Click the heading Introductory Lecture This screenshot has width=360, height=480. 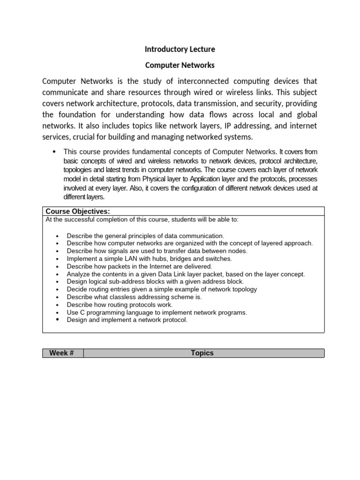point(180,49)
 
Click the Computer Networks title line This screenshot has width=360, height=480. point(180,65)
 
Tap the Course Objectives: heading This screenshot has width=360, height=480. point(78,211)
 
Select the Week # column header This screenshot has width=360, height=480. point(61,353)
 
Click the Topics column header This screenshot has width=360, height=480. point(202,353)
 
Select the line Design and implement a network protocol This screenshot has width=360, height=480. point(127,320)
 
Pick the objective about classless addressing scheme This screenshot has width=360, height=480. point(134,297)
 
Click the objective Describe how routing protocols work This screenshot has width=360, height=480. point(120,305)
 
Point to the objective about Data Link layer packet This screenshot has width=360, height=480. point(186,274)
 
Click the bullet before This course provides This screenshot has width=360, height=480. point(54,151)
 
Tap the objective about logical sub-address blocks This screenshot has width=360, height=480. point(155,281)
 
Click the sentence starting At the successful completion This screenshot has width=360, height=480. point(142,219)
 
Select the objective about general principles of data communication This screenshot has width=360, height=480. point(145,235)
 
